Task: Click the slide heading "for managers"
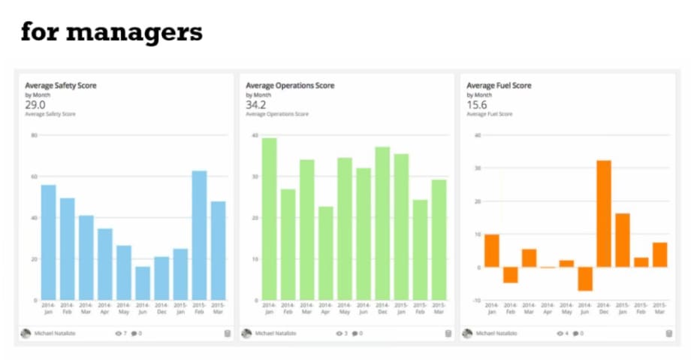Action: coord(111,32)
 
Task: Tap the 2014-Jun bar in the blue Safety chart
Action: coord(143,283)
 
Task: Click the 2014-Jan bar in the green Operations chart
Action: coord(269,219)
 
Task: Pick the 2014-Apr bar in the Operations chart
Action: coord(325,253)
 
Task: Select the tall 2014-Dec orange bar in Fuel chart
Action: coord(603,213)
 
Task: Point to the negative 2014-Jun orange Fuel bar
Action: coord(585,279)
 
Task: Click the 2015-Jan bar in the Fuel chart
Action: coord(622,240)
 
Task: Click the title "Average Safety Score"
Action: coord(61,86)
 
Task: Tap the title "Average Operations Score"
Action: coord(290,86)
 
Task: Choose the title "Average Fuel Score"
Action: coord(499,86)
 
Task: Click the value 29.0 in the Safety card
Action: coord(35,104)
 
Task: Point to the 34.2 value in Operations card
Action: coord(256,104)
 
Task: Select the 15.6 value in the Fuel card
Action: coord(476,104)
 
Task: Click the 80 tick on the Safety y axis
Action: coord(34,135)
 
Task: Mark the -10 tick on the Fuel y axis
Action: coord(477,300)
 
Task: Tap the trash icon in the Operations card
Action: coord(448,333)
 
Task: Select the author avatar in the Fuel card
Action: coord(467,333)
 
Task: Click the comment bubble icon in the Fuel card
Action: coord(576,333)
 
